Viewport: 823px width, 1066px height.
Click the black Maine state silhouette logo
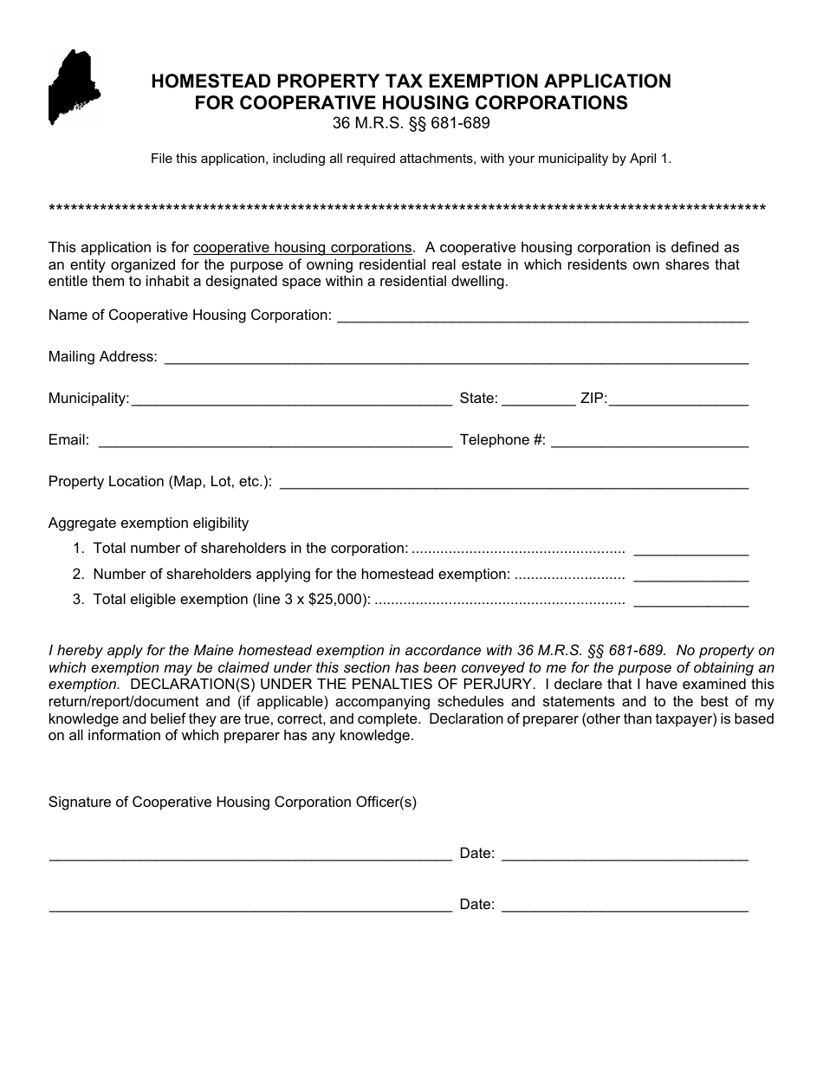[x=74, y=87]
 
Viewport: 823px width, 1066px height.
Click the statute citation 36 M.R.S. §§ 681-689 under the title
[x=411, y=123]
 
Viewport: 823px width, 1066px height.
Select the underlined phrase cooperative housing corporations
[x=302, y=247]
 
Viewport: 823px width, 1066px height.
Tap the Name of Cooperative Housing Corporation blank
[x=542, y=316]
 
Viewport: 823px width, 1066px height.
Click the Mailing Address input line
[x=456, y=358]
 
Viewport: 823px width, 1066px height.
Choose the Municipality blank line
[x=291, y=400]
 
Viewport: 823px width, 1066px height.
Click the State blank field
[x=538, y=400]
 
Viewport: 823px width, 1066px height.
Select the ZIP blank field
[x=678, y=400]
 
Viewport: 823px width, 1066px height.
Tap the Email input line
[x=275, y=441]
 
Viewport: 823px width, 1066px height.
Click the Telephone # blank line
[x=649, y=441]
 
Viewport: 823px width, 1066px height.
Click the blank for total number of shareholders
[x=690, y=549]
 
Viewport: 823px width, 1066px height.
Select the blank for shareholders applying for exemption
[x=690, y=575]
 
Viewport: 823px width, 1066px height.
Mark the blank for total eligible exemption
[x=690, y=601]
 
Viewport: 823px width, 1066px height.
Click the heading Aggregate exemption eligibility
[x=148, y=523]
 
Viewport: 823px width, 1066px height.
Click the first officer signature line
[x=250, y=855]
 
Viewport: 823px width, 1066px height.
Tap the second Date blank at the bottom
[x=625, y=906]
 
